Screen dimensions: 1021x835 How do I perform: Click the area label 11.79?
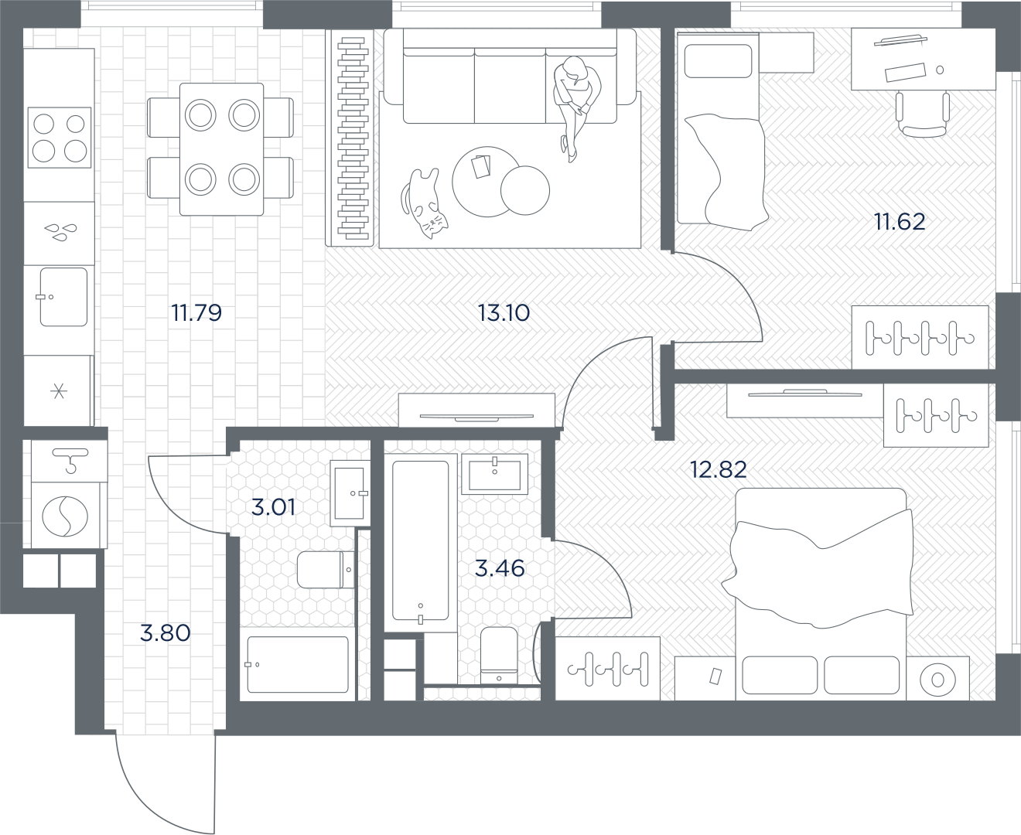tap(196, 313)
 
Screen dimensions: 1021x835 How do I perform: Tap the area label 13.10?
tap(504, 313)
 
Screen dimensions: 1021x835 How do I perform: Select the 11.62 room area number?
tap(900, 222)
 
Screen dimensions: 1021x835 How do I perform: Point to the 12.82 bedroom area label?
tap(719, 469)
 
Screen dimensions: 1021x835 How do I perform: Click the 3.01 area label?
tap(274, 507)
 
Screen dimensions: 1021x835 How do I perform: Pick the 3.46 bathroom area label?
tap(500, 568)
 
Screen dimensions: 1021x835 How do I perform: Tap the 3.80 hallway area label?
tap(165, 633)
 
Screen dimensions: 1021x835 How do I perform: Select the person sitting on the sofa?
tap(577, 107)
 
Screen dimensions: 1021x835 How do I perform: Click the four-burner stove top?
tap(60, 138)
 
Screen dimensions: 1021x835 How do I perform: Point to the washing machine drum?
tap(65, 516)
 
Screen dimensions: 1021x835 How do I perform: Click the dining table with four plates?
tap(222, 149)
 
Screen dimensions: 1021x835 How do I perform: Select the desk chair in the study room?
tap(922, 114)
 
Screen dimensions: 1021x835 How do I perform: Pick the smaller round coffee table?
tap(524, 190)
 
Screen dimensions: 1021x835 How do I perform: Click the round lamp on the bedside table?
tap(937, 680)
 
